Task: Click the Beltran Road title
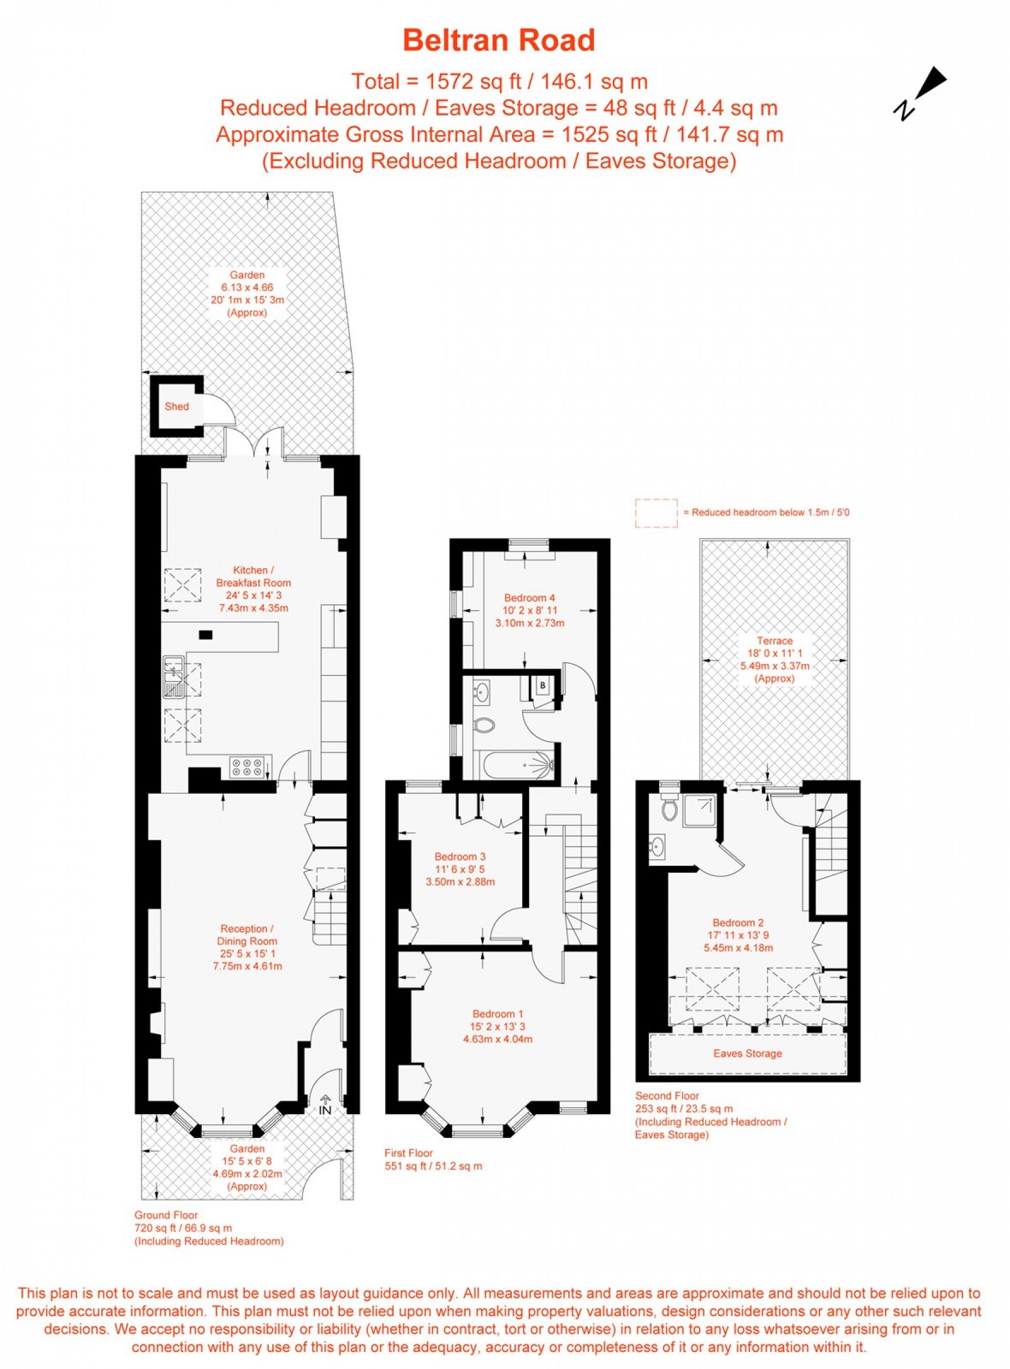click(x=499, y=40)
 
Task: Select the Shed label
click(x=177, y=406)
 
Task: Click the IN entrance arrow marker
click(x=325, y=1105)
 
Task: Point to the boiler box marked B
click(x=542, y=685)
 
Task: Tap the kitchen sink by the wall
click(x=174, y=677)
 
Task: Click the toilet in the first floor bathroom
click(x=484, y=725)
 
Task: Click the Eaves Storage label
click(x=747, y=1053)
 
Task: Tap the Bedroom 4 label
click(x=529, y=598)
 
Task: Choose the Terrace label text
click(x=775, y=641)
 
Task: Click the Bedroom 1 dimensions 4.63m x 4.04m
click(x=497, y=1039)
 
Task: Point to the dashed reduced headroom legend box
click(x=656, y=513)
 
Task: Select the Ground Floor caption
click(x=166, y=1215)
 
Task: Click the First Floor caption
click(x=408, y=1153)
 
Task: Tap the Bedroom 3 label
click(x=460, y=856)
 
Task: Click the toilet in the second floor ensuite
click(x=669, y=808)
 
